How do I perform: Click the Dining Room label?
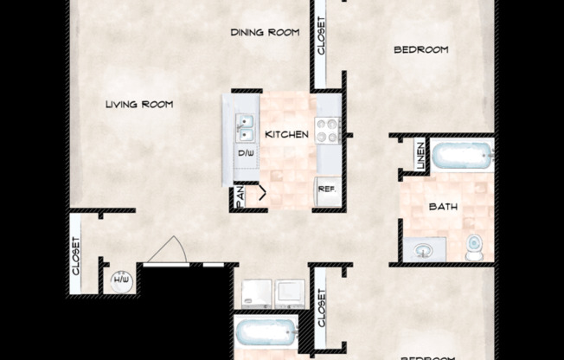tap(265, 33)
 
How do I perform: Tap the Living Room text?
tap(139, 105)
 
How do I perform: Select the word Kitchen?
tap(286, 134)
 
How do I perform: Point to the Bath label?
tap(442, 207)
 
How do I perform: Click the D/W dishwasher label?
tap(247, 153)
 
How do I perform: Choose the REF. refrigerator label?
tap(327, 189)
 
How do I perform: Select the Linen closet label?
tap(420, 156)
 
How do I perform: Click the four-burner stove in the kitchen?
tap(328, 130)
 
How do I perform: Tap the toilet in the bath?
tap(473, 247)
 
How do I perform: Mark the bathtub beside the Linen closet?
tap(463, 157)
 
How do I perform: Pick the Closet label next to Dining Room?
tap(320, 38)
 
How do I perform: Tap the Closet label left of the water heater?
tap(76, 256)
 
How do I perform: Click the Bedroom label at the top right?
tap(421, 50)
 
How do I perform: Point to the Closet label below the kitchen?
tap(320, 309)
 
